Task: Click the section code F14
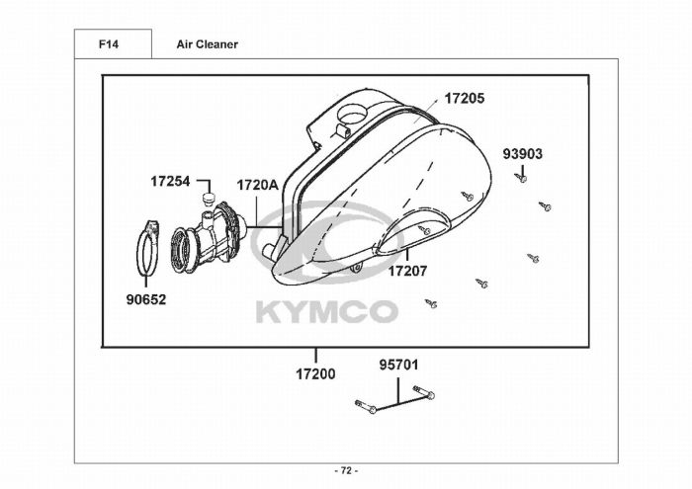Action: click(109, 44)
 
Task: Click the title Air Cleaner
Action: click(207, 44)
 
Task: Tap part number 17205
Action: click(464, 99)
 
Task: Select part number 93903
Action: click(523, 154)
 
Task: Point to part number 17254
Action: click(170, 181)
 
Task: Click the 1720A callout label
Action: click(258, 185)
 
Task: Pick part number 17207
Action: click(407, 271)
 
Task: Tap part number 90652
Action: click(146, 300)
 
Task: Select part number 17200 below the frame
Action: click(315, 374)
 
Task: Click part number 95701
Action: click(399, 366)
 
